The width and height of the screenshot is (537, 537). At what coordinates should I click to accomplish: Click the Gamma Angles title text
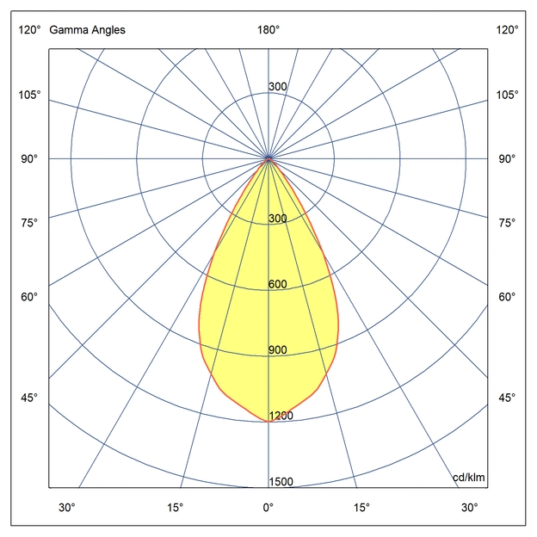pos(87,30)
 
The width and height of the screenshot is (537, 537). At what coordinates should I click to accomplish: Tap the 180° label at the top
pos(268,30)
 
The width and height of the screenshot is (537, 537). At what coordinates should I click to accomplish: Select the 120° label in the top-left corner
pos(28,30)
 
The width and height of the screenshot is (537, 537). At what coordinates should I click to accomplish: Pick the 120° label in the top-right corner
pos(508,30)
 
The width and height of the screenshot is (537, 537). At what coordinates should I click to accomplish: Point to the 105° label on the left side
pos(28,94)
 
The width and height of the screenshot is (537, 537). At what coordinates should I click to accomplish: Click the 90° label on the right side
pos(508,159)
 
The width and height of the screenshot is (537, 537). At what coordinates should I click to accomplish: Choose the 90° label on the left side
pos(28,159)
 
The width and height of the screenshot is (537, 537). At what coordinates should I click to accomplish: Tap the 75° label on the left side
pos(28,223)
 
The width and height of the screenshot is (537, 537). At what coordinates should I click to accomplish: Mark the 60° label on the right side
pos(508,297)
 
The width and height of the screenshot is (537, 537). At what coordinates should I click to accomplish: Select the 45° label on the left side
pos(28,398)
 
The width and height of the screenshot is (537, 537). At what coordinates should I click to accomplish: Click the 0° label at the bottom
pos(268,507)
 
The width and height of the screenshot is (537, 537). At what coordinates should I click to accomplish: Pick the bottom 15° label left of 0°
pos(176,507)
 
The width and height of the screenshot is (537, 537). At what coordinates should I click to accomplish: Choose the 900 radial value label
pos(277,350)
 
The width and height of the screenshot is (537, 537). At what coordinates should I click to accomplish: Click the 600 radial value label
pos(277,285)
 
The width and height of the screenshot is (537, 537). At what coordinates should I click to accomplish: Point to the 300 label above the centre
pos(277,87)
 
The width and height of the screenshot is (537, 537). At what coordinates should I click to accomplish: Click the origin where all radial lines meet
pos(268,159)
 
